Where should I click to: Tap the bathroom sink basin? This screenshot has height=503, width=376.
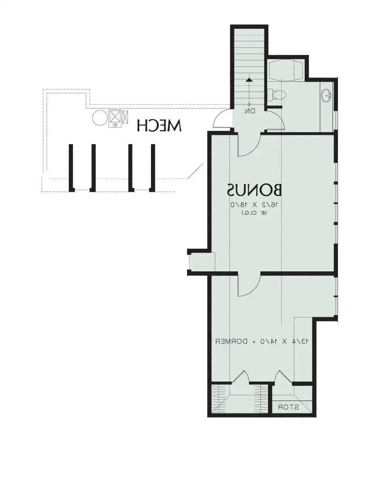point(326,95)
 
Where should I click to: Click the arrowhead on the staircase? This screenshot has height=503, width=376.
point(249,80)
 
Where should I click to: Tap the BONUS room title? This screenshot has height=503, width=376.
point(255,190)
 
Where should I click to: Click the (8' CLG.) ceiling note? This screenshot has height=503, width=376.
point(255,213)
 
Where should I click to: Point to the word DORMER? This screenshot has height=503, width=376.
point(231,348)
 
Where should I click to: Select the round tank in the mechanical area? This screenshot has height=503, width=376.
point(99,117)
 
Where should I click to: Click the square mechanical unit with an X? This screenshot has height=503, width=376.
point(115,116)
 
